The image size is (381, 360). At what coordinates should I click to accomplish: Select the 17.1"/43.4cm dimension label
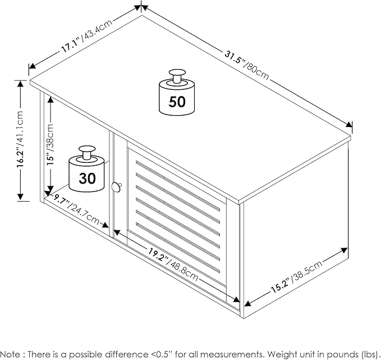(87, 36)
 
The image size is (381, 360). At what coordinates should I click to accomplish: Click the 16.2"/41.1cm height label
(20, 139)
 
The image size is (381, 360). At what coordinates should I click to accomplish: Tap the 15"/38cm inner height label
(50, 144)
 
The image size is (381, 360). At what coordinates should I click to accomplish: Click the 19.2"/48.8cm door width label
(173, 264)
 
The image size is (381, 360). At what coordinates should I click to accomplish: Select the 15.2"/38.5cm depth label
(296, 276)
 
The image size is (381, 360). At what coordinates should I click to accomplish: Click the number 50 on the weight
(177, 102)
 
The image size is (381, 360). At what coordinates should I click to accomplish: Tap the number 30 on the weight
(87, 178)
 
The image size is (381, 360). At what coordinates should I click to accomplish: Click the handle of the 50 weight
(177, 76)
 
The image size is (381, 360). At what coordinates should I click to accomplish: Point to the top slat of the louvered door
(178, 185)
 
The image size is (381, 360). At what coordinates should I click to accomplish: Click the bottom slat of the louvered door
(178, 247)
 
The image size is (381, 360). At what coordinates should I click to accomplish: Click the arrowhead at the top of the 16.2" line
(20, 84)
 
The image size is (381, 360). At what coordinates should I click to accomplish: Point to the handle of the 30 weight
(87, 153)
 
